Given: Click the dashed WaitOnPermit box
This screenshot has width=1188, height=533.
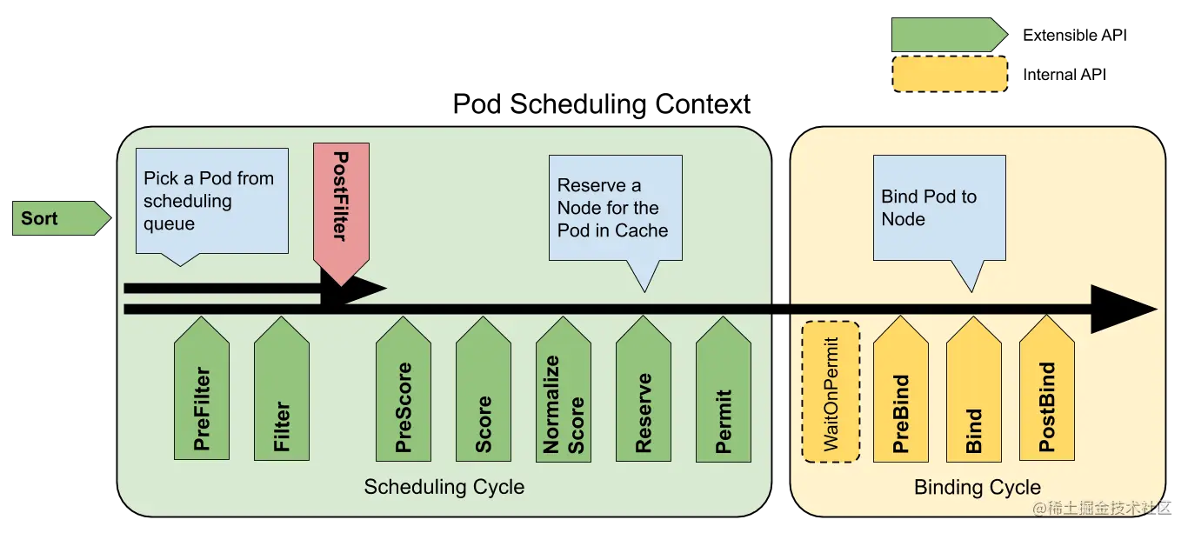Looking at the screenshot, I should pyautogui.click(x=831, y=391).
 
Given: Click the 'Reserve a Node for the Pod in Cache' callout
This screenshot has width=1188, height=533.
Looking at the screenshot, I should pyautogui.click(x=615, y=208).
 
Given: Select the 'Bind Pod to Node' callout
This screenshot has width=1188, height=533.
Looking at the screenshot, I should pyautogui.click(x=939, y=208).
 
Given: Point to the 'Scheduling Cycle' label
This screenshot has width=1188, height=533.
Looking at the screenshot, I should pyautogui.click(x=444, y=487).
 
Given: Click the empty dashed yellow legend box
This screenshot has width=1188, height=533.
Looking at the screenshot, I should pyautogui.click(x=950, y=74).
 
